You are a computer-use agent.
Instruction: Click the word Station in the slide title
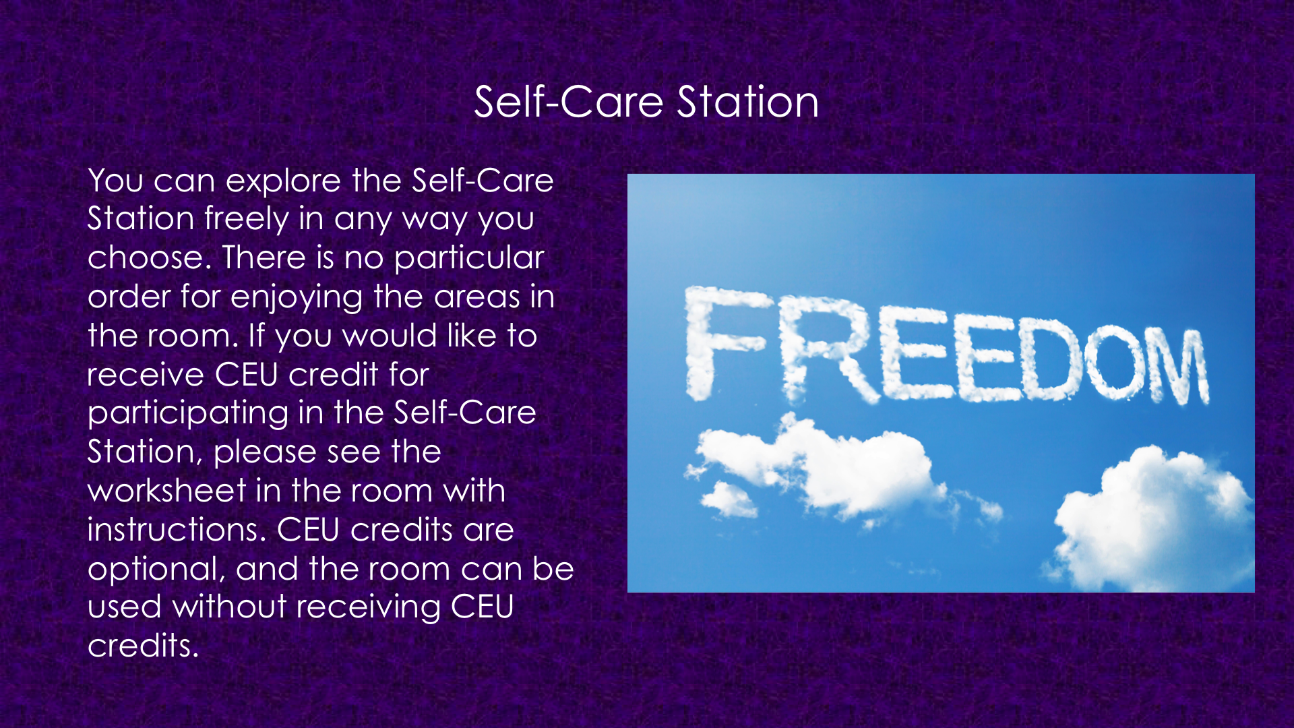747,102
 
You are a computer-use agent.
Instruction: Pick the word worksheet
167,490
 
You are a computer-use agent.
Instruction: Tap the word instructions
177,530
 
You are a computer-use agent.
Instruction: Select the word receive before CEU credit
146,375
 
